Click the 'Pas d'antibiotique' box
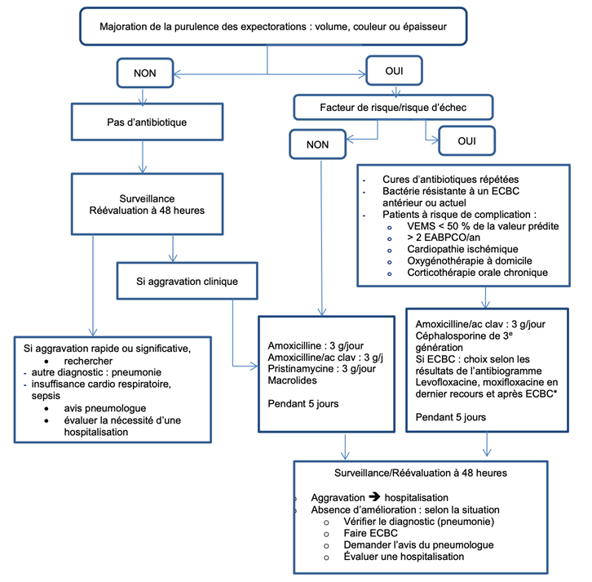tap(144, 124)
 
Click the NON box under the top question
tap(144, 73)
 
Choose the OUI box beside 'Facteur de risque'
tap(466, 141)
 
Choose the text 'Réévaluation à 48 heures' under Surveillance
tap(144, 209)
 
